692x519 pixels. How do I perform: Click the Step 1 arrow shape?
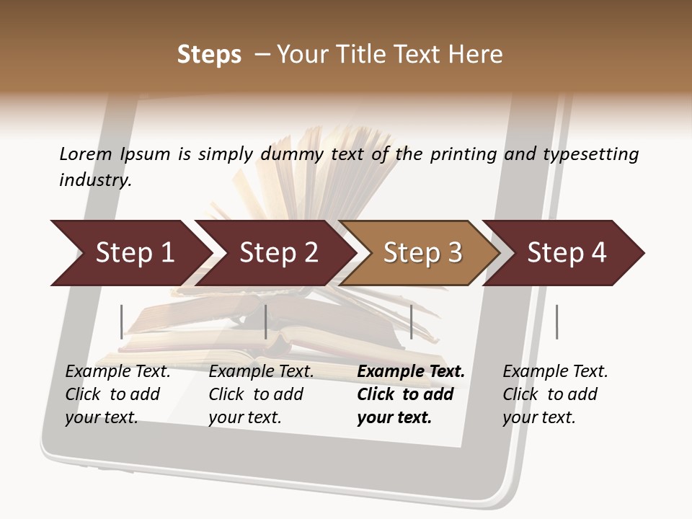134,253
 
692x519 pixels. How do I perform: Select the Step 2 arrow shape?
278,253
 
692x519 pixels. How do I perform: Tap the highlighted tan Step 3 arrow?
422,253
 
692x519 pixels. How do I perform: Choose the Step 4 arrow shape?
567,253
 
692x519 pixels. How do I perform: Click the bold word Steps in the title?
209,55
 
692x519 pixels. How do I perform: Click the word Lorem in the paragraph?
86,154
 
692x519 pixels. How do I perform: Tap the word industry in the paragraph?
95,179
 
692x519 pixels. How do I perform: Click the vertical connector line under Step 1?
122,321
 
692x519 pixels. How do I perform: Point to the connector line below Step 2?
266,321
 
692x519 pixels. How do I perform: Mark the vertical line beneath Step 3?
412,321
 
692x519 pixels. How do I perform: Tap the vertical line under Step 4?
556,321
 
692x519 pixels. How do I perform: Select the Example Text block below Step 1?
117,394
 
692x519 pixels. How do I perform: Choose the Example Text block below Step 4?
555,394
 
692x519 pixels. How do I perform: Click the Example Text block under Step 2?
261,394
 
